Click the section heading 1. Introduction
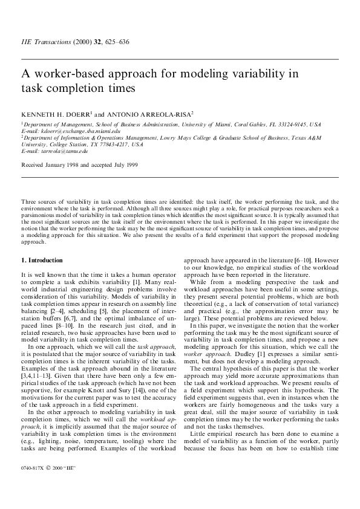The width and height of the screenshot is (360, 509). click(x=42, y=260)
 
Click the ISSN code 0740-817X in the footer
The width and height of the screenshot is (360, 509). click(x=33, y=468)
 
